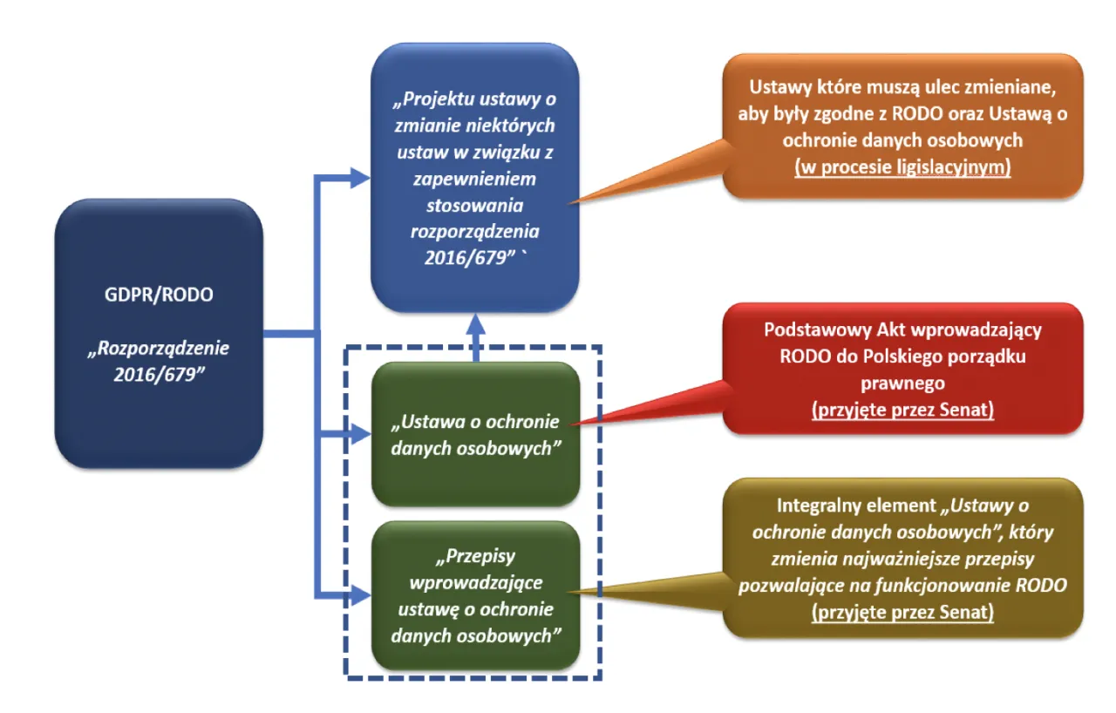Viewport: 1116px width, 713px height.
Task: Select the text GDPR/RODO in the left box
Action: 158,295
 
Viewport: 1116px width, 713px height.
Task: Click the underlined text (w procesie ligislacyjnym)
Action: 902,167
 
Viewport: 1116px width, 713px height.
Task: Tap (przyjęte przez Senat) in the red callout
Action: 902,410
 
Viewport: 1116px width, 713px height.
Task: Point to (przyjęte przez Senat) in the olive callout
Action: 902,612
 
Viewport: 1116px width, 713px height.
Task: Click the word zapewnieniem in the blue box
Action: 475,180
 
